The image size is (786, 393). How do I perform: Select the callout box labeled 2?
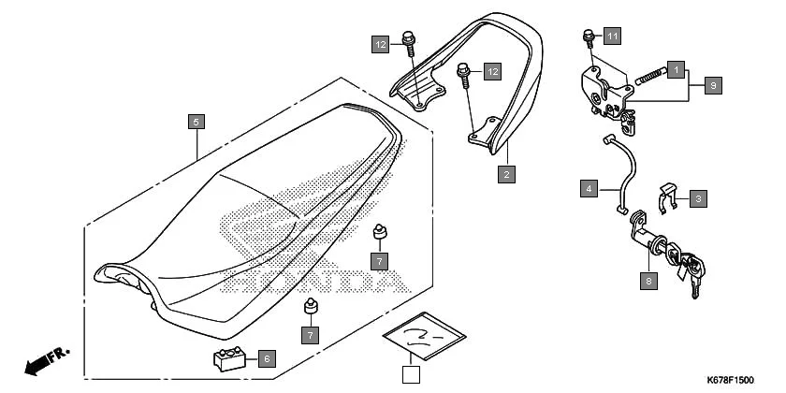[x=506, y=173]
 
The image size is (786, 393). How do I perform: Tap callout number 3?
[x=699, y=197]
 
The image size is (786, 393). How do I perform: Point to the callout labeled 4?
[x=588, y=189]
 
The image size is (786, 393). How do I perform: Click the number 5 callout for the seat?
[x=195, y=122]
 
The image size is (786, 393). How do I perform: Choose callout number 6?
[x=267, y=357]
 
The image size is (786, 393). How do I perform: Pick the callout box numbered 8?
[x=648, y=279]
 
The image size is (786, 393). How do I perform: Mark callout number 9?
[x=713, y=85]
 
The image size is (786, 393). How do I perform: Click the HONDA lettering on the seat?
[x=318, y=278]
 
